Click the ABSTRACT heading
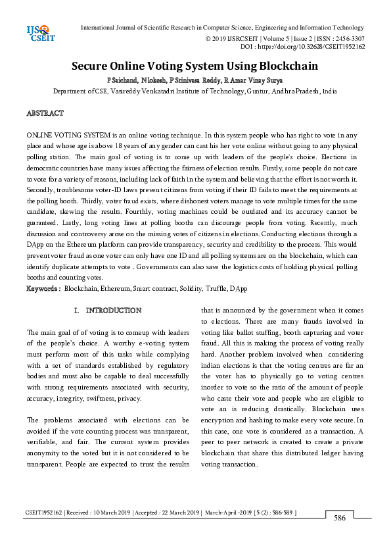pos(45,114)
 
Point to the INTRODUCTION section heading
pos(113,310)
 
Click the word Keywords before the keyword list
pos(42,288)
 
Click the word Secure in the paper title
pos(93,66)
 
